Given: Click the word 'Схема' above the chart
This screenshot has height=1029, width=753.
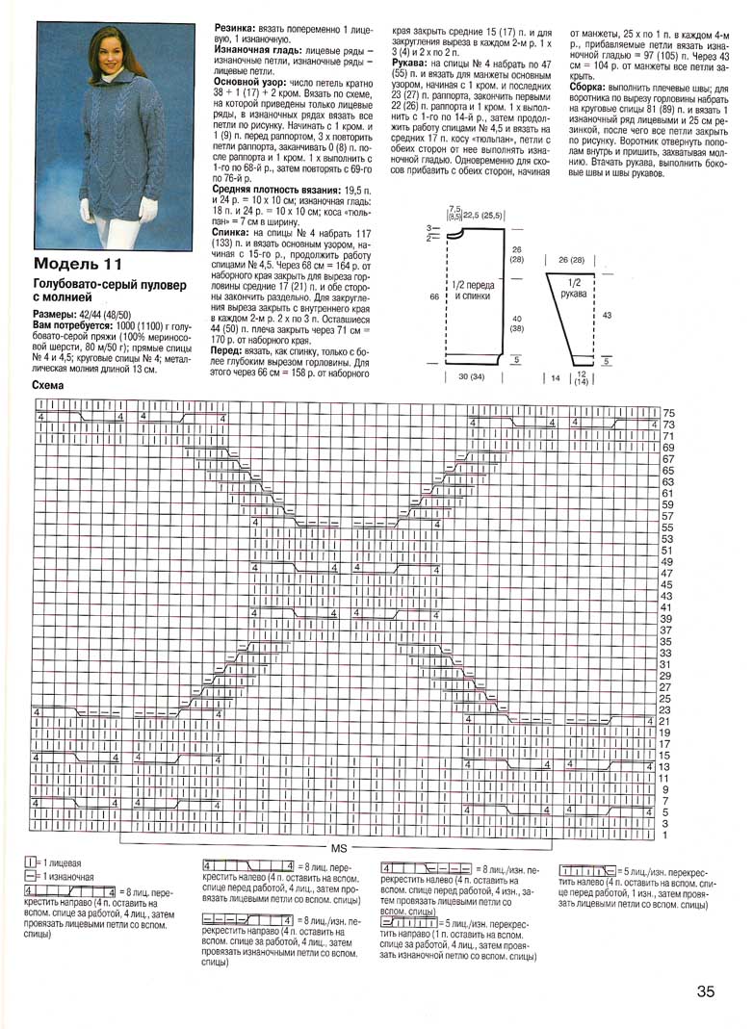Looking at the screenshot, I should pos(47,385).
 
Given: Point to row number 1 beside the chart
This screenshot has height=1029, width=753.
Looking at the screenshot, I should pos(665,835).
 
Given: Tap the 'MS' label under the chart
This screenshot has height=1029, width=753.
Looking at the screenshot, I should pos(339,850).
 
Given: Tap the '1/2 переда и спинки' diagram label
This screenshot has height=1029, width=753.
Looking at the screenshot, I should pos(472,292).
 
